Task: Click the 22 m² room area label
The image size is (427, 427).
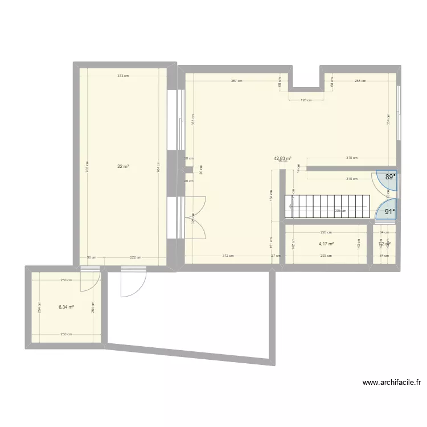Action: pyautogui.click(x=123, y=166)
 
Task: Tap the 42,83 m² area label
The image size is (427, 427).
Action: pyautogui.click(x=282, y=159)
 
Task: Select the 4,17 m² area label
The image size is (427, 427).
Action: pyautogui.click(x=326, y=244)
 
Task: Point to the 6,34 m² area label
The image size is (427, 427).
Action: pyautogui.click(x=66, y=307)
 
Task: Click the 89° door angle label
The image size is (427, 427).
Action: pyautogui.click(x=390, y=177)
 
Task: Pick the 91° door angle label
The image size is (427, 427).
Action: pyautogui.click(x=390, y=212)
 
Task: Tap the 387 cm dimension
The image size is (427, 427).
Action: pyautogui.click(x=236, y=81)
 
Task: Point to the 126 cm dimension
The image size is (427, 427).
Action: pyautogui.click(x=306, y=100)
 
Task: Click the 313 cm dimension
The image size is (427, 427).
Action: pyautogui.click(x=122, y=76)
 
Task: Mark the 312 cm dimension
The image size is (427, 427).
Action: pyautogui.click(x=227, y=256)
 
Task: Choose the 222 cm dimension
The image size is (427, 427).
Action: pyautogui.click(x=136, y=257)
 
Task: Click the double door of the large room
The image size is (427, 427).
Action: pyautogui.click(x=195, y=216)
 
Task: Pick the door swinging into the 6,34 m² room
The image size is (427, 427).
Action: pyautogui.click(x=89, y=281)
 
